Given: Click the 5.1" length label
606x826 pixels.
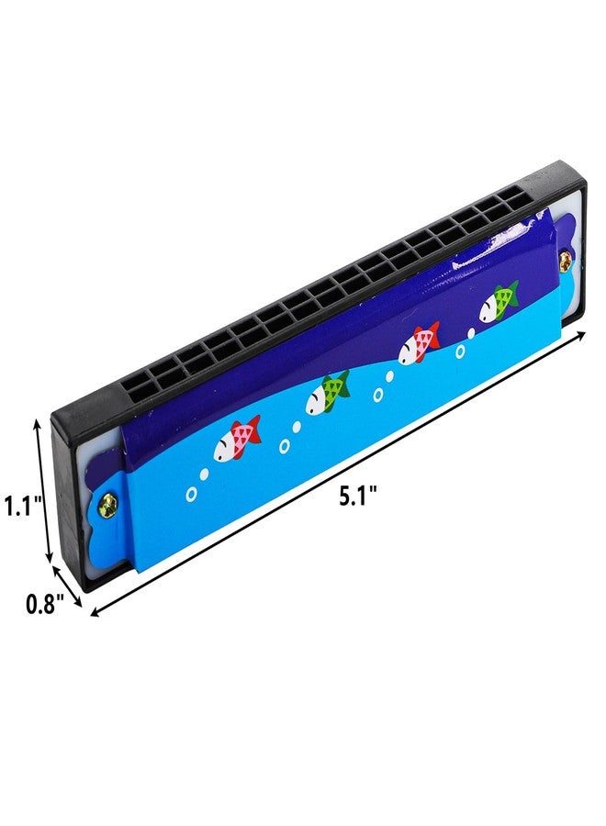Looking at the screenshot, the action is (x=357, y=497).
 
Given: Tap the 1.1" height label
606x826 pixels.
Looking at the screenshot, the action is (x=23, y=507).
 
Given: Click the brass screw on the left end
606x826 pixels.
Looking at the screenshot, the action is (x=112, y=505).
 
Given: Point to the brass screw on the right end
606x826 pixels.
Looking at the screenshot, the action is (x=565, y=258).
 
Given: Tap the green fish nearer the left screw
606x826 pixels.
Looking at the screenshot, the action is (x=328, y=393).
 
